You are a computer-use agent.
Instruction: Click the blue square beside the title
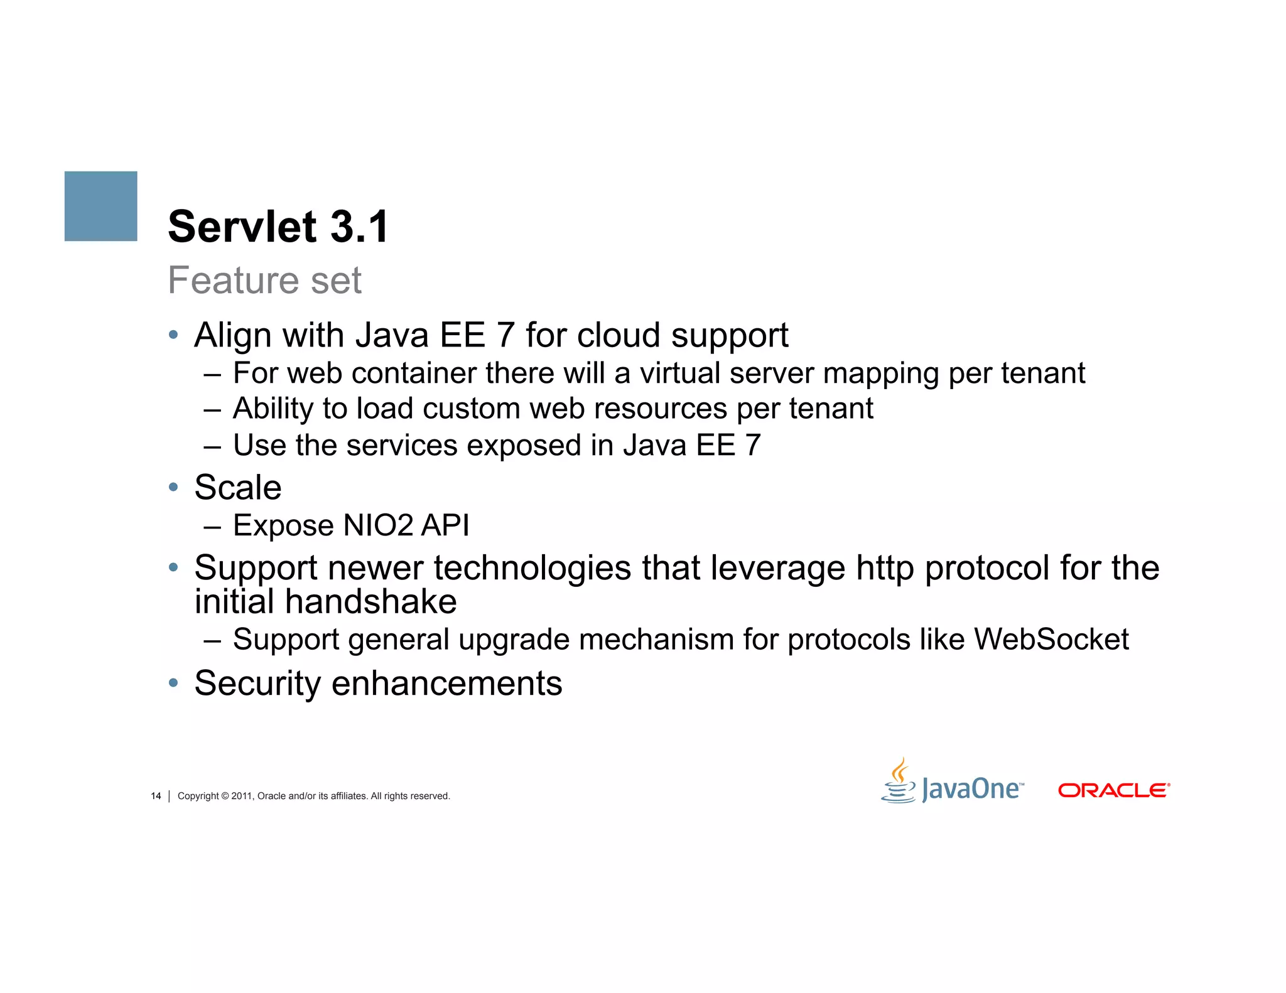[100, 206]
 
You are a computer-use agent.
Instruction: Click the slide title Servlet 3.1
[279, 227]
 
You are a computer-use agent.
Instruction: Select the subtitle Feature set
[264, 280]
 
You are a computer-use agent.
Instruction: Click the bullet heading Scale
[238, 488]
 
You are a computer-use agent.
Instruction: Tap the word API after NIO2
[445, 525]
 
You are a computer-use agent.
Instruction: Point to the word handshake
[370, 602]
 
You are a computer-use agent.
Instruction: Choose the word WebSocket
[1051, 640]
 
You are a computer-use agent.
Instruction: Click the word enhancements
[446, 684]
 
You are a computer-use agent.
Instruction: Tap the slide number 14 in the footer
[156, 796]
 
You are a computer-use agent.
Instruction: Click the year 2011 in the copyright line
[242, 796]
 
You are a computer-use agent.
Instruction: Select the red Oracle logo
[1114, 790]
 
